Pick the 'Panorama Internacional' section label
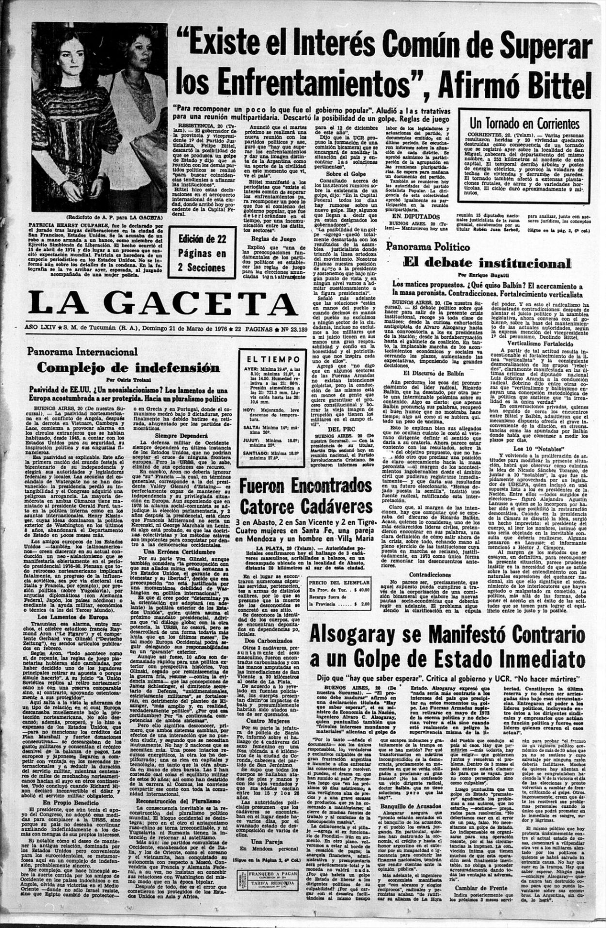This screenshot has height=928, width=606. (x=82, y=352)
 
